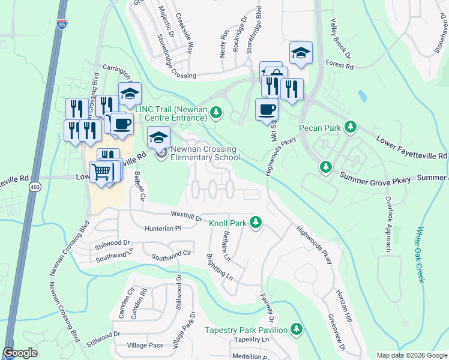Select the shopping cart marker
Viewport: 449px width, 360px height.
click(101, 172)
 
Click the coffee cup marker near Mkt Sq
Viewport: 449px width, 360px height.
click(267, 109)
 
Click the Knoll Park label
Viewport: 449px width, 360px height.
click(228, 223)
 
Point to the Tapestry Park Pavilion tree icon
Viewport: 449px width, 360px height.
click(295, 329)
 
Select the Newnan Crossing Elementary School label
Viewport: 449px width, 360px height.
click(205, 154)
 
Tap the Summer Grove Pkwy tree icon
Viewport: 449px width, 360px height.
click(325, 166)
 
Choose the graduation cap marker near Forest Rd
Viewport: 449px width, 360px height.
click(301, 53)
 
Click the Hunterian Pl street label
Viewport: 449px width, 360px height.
click(163, 229)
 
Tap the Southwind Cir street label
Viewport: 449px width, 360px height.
click(171, 255)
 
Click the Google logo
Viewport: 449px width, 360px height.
click(20, 353)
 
